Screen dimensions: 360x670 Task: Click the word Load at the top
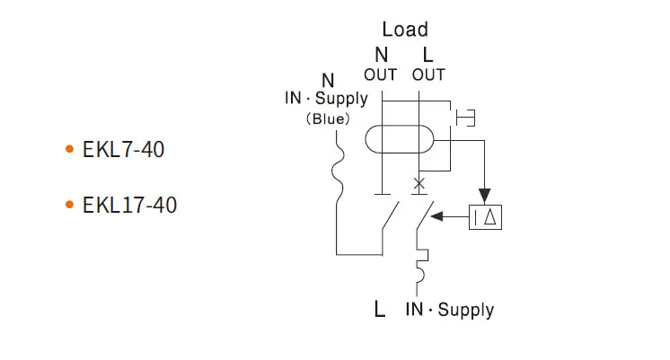click(405, 30)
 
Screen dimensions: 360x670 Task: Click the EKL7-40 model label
click(124, 149)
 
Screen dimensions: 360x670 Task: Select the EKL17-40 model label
click(129, 206)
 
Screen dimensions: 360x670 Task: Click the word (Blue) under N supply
click(328, 119)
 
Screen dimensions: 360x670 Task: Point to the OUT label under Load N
click(381, 75)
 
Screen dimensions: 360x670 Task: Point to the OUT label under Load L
click(428, 75)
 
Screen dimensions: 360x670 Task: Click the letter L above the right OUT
click(428, 56)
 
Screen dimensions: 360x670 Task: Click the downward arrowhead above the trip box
click(486, 194)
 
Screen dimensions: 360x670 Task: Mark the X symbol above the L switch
click(418, 186)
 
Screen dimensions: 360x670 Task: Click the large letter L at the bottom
click(380, 311)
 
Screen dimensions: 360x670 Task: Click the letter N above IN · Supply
click(328, 81)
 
